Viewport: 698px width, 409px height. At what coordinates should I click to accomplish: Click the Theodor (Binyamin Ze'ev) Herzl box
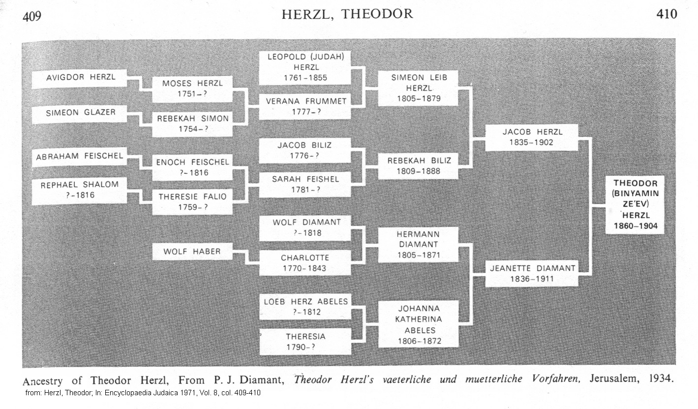click(635, 204)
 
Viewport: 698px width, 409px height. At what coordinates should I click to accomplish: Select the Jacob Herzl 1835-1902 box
click(531, 137)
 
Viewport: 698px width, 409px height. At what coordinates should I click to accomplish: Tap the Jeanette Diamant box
click(531, 274)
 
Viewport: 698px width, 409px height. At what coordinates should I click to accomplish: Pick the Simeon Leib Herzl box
click(418, 88)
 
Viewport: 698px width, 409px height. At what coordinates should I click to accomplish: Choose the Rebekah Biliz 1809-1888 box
click(418, 166)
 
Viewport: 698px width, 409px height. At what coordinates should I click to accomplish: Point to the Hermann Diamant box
click(418, 245)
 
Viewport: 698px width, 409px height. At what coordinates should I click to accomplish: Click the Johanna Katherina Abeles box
click(418, 324)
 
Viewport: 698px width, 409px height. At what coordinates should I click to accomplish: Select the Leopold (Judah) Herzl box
click(305, 67)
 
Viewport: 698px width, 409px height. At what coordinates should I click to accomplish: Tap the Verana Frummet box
click(305, 106)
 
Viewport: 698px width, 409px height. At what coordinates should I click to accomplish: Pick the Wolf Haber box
click(192, 252)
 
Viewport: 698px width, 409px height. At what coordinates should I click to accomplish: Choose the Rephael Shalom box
click(80, 190)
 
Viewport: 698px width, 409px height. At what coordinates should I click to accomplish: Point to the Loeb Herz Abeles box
click(305, 306)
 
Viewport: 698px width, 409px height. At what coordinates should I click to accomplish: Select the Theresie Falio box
click(192, 202)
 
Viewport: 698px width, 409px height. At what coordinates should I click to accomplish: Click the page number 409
click(32, 16)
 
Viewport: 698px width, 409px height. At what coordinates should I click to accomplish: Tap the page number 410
click(667, 14)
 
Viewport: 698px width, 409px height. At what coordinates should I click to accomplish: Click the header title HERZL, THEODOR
click(347, 14)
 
